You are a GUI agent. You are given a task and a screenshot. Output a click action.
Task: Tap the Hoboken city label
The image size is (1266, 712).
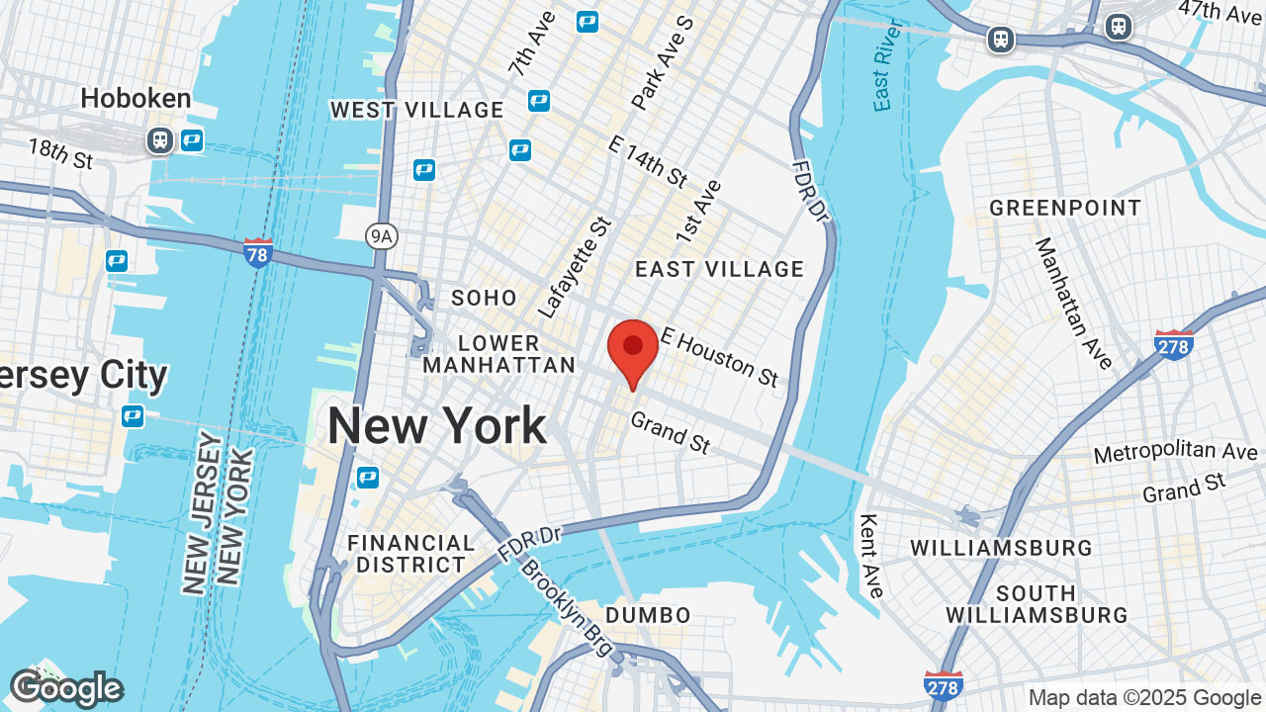tap(136, 98)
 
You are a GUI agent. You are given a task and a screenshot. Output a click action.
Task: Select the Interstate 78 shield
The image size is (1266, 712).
tap(258, 253)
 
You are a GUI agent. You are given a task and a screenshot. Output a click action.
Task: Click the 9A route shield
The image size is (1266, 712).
tap(380, 236)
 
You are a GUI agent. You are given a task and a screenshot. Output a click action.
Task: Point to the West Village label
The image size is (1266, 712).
tap(417, 110)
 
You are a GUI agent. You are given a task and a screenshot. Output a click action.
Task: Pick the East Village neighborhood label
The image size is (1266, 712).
tap(720, 269)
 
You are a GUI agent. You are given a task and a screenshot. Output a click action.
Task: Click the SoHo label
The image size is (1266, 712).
tap(484, 298)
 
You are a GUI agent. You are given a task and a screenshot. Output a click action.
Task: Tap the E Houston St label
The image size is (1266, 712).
tap(719, 357)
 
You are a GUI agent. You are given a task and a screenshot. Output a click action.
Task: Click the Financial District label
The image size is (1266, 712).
tap(411, 554)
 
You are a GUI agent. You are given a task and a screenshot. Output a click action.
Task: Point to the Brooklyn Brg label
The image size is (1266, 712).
tap(569, 611)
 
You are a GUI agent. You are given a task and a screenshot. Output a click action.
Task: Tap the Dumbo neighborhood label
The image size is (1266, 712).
tap(648, 615)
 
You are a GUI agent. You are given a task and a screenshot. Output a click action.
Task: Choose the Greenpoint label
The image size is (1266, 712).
tap(1065, 209)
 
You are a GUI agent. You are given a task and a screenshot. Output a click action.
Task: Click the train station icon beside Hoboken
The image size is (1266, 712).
tap(159, 140)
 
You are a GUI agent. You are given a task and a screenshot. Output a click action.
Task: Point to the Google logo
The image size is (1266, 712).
tap(65, 689)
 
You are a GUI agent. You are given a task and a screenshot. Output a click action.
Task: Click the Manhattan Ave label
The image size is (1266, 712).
tap(1074, 303)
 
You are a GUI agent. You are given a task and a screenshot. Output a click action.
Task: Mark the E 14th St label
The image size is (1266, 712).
tap(648, 161)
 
